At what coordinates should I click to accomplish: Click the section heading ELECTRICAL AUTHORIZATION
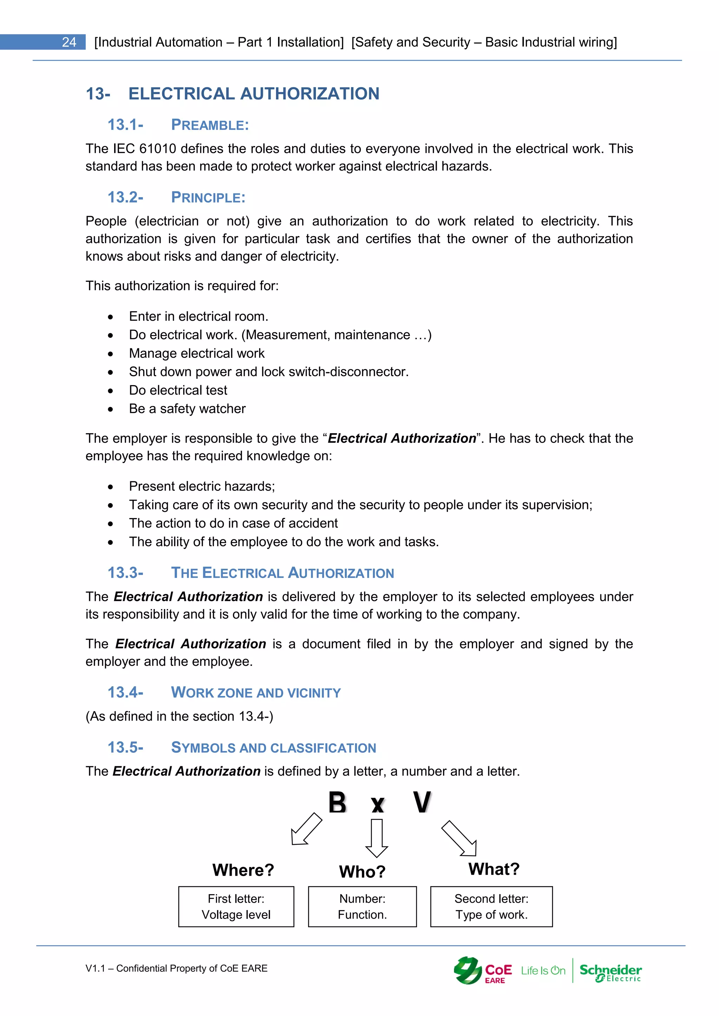[x=254, y=94]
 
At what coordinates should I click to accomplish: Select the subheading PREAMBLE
[x=210, y=125]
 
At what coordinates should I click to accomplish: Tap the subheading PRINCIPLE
[x=208, y=198]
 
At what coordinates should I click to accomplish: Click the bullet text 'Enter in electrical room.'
[x=198, y=316]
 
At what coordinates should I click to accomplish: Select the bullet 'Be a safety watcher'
[x=187, y=408]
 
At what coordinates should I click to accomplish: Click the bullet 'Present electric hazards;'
[x=202, y=486]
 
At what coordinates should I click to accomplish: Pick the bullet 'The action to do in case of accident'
[x=233, y=523]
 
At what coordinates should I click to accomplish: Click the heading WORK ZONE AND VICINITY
[x=256, y=693]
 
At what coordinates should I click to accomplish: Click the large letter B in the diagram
[x=337, y=802]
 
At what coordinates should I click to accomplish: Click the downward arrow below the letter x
[x=377, y=838]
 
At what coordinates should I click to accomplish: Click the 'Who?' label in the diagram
[x=362, y=871]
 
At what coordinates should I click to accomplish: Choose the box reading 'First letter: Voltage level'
[x=236, y=906]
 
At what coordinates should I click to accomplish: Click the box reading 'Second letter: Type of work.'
[x=492, y=906]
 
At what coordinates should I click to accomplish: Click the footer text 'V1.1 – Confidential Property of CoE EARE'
[x=176, y=968]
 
